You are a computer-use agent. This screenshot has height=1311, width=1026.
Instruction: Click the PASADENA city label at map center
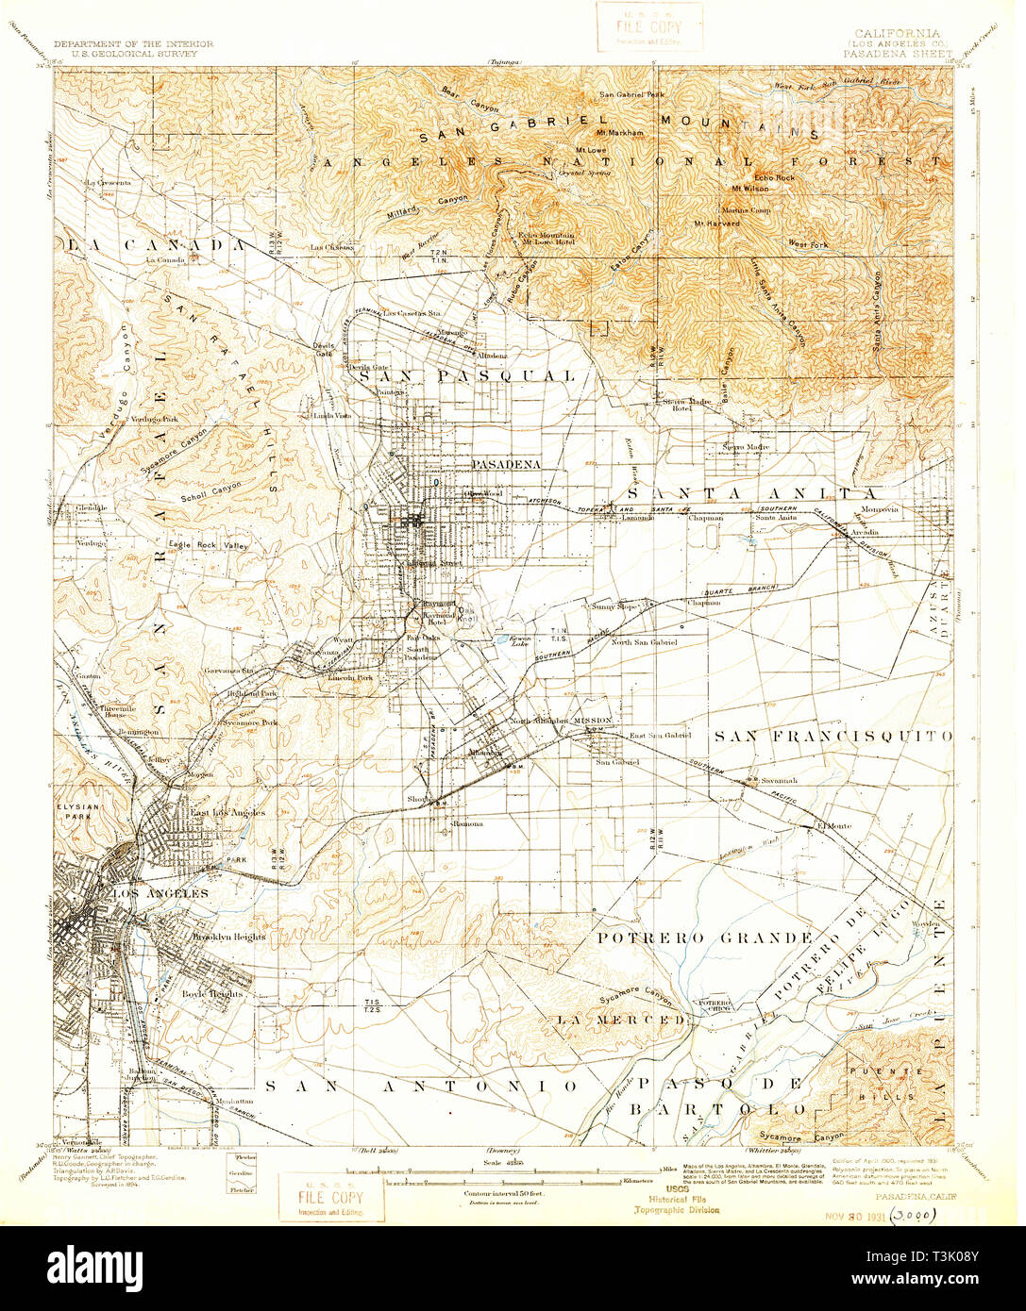tap(506, 465)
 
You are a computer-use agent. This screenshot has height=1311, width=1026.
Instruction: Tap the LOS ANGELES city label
tap(160, 893)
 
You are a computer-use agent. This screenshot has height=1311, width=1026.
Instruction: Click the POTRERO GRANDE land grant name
tap(704, 938)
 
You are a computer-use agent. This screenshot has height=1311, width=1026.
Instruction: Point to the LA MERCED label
tap(618, 1021)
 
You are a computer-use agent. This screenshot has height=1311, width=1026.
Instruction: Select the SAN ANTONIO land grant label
tap(420, 1087)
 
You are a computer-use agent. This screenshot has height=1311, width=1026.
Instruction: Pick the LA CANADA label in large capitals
tap(156, 244)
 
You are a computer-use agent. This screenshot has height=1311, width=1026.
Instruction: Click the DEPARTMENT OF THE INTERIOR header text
tap(133, 44)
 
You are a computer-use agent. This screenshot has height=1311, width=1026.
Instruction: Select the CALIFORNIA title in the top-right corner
tap(889, 32)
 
